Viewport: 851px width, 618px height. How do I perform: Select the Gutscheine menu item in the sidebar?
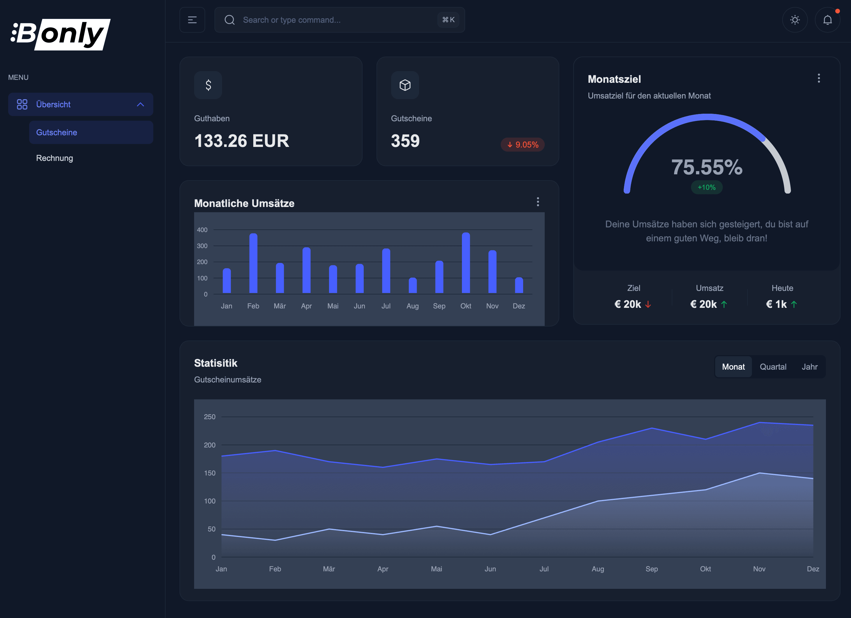pos(57,132)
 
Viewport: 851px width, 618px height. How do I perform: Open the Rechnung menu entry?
pos(54,158)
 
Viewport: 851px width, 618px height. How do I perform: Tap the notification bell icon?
pos(827,20)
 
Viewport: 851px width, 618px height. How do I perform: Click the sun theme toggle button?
pos(795,20)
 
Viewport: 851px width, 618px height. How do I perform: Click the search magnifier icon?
pos(230,20)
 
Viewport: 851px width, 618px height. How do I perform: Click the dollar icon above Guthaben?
pos(208,85)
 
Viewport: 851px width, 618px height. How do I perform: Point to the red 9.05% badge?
pos(523,145)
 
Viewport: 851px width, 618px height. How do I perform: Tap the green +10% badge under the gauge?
pos(706,187)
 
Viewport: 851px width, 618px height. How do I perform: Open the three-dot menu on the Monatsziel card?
pos(819,78)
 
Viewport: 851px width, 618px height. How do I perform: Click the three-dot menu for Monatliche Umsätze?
pos(538,202)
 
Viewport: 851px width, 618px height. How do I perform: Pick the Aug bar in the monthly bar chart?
pos(412,286)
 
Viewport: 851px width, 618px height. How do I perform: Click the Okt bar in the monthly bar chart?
pos(466,263)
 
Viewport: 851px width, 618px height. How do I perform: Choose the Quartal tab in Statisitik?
pos(773,367)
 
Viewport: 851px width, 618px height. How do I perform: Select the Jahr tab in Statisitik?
pos(809,367)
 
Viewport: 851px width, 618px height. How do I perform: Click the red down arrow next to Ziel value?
pos(648,304)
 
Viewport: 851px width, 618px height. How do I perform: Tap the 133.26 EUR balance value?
pos(242,141)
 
